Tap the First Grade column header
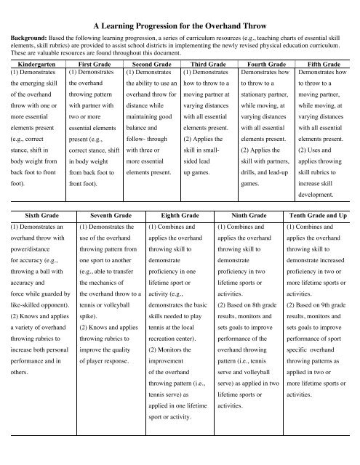coord(92,65)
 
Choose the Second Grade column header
coord(150,65)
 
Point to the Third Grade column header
coord(207,65)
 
